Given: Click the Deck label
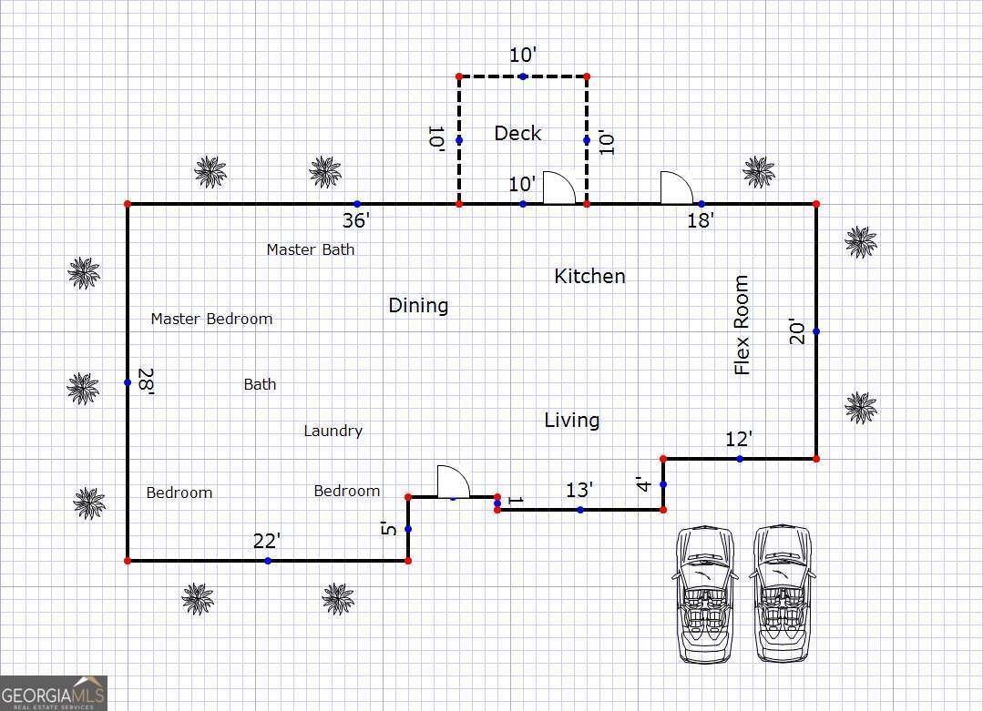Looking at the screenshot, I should [x=517, y=134].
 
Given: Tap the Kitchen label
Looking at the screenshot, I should [x=589, y=276].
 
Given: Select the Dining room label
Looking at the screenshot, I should [x=418, y=305].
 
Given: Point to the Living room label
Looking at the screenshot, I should [x=572, y=420].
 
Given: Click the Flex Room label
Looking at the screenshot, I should [x=742, y=325].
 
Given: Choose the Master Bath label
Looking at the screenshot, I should [x=311, y=249].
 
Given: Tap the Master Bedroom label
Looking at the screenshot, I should [x=211, y=319].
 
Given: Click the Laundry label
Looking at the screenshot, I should [x=333, y=431].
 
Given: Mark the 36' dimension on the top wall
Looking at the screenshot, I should [x=356, y=220].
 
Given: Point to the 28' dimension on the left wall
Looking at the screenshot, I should [x=146, y=381].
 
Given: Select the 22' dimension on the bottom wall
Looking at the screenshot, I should [x=266, y=541].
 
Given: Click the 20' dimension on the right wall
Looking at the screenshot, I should [x=797, y=331].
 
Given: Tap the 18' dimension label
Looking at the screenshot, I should [x=701, y=220].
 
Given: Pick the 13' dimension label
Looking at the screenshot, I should [x=579, y=491].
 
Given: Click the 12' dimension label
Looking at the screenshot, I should [x=739, y=440].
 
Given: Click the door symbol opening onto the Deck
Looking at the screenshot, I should [x=558, y=188].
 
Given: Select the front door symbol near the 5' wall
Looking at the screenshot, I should [x=453, y=482].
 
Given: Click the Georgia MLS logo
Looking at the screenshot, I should [x=54, y=693].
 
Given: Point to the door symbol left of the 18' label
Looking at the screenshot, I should [x=676, y=188].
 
